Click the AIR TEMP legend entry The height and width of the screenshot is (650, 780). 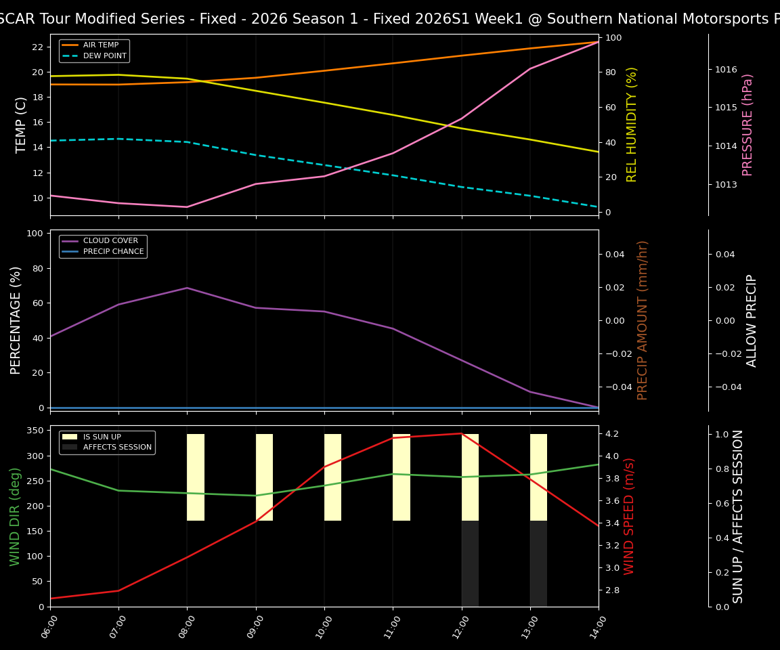[x=100, y=45]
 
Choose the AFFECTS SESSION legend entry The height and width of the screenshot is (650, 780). [x=116, y=448]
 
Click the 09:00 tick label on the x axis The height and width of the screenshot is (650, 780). [x=251, y=627]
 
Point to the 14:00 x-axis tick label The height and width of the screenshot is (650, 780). [x=593, y=627]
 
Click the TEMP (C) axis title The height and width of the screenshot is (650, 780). [x=21, y=125]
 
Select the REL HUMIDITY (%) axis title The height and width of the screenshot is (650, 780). [x=632, y=125]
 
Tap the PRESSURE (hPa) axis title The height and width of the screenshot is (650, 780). [x=747, y=125]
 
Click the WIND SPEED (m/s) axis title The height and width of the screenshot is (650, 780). [x=630, y=516]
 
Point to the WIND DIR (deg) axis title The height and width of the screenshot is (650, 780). [x=15, y=516]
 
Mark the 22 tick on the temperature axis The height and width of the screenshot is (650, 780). [x=38, y=47]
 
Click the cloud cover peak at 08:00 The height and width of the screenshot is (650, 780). [x=188, y=288]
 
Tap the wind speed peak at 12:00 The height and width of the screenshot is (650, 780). [x=461, y=433]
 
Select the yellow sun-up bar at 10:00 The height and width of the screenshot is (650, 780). [x=332, y=477]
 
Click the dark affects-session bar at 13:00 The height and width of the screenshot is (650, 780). [x=538, y=563]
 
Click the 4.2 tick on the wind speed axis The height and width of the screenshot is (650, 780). [x=613, y=433]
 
